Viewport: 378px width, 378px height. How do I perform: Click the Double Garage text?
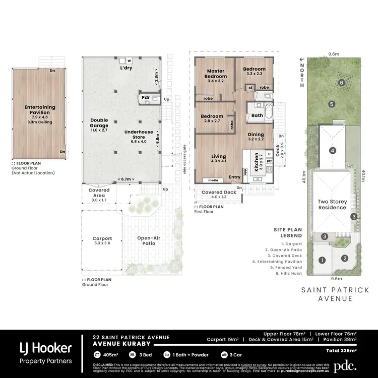click(x=99, y=123)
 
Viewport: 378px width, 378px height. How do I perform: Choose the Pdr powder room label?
click(x=146, y=97)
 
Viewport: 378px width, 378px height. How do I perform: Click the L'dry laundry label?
click(x=126, y=68)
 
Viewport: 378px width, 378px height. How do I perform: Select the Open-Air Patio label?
click(x=149, y=240)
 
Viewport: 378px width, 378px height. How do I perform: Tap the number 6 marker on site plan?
click(x=341, y=83)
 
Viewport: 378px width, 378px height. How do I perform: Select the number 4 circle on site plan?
click(x=333, y=150)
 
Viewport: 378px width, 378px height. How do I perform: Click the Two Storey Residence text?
click(x=332, y=204)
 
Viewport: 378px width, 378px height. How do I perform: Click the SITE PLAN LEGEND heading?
click(x=288, y=232)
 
